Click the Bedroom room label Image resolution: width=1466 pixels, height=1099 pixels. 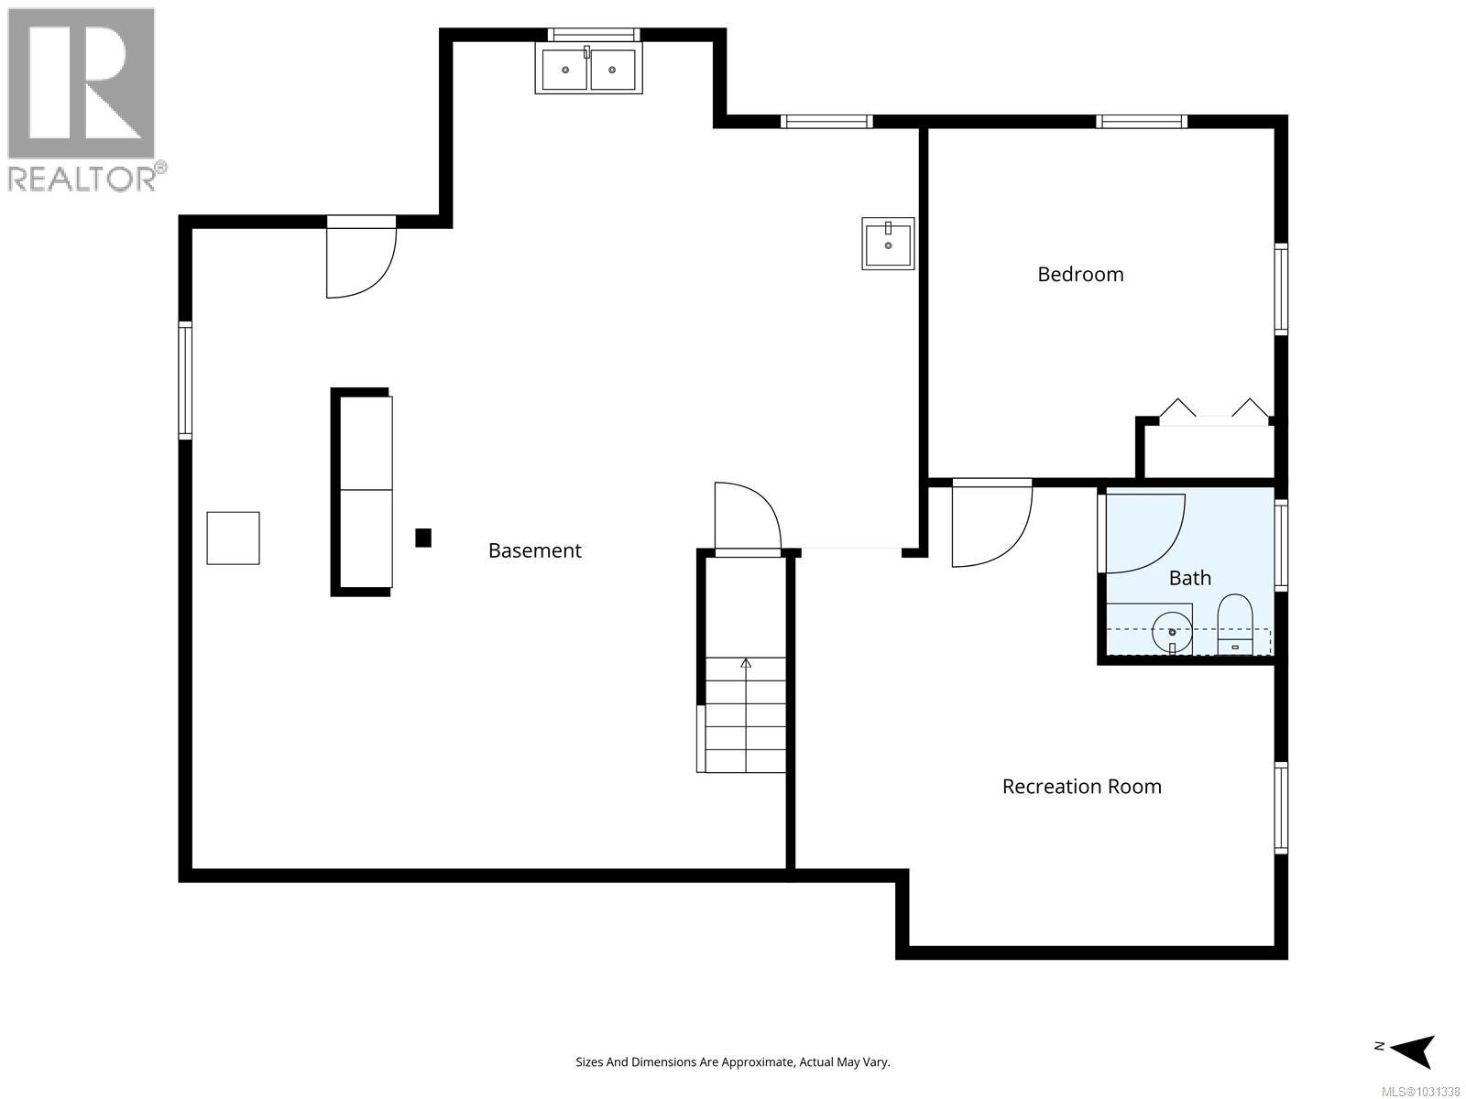[x=1080, y=274]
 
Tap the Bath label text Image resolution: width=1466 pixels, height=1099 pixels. [x=1189, y=578]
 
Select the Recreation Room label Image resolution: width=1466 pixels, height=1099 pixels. [x=1081, y=786]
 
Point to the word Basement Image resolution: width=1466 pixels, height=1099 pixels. [x=534, y=550]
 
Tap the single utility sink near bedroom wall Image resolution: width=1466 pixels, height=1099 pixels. [x=888, y=244]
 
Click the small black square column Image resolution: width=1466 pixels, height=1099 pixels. [x=422, y=538]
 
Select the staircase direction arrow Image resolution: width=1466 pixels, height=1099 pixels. [x=746, y=663]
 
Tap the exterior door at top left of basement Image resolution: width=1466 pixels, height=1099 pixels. [x=360, y=260]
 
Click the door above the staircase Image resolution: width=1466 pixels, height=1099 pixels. [x=746, y=518]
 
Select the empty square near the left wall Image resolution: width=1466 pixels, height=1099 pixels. [x=233, y=538]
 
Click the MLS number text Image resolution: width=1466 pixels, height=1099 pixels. [x=1420, y=1092]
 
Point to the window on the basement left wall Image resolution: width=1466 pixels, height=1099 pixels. [x=185, y=380]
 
